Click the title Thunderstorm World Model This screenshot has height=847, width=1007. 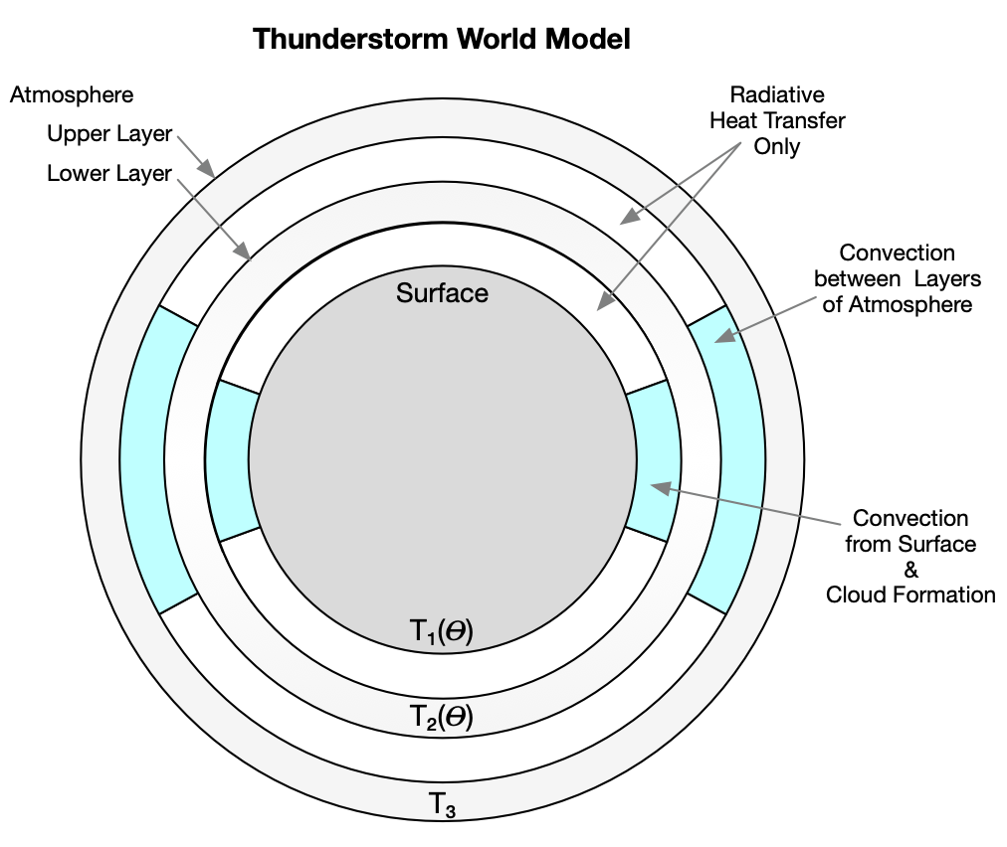[x=442, y=40]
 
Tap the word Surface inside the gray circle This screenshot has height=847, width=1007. [x=442, y=293]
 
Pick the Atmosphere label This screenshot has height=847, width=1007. [x=72, y=95]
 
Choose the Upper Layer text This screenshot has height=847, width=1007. [x=109, y=133]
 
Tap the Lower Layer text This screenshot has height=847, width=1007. [x=109, y=174]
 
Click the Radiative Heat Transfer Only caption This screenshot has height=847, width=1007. [x=778, y=120]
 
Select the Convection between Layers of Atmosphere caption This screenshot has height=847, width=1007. [x=893, y=279]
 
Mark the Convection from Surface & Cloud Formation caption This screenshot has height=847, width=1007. [x=909, y=557]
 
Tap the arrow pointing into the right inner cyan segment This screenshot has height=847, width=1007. [x=746, y=502]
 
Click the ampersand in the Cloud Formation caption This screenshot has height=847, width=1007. [x=910, y=570]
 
